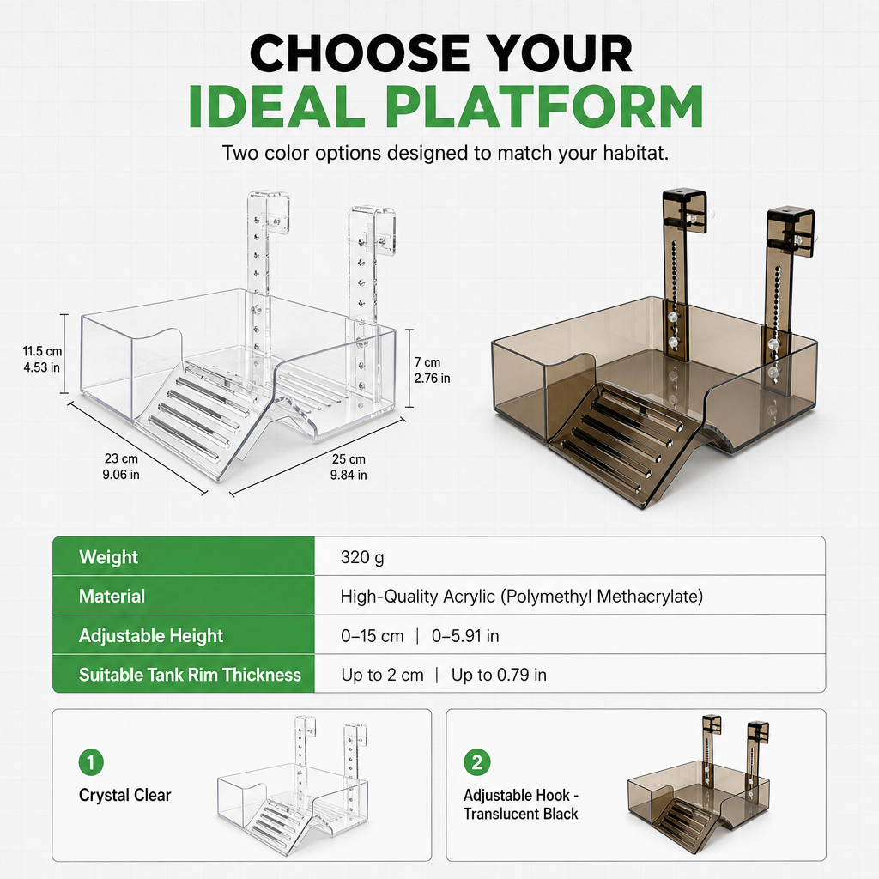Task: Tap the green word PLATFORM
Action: pyautogui.click(x=544, y=106)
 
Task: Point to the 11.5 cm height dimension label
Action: pyautogui.click(x=42, y=360)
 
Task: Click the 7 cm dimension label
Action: pyautogui.click(x=433, y=370)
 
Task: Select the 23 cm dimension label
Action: pyautogui.click(x=121, y=466)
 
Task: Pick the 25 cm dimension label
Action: pyautogui.click(x=349, y=467)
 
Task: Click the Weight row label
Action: pyautogui.click(x=108, y=556)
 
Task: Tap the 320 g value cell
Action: pyautogui.click(x=362, y=557)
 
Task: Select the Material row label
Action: pyautogui.click(x=112, y=596)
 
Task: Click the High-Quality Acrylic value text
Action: pyautogui.click(x=521, y=597)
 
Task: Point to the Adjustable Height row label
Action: pyautogui.click(x=151, y=636)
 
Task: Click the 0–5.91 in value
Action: pyautogui.click(x=465, y=636)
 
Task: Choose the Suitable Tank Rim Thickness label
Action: pyautogui.click(x=190, y=675)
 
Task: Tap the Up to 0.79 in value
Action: pyautogui.click(x=499, y=675)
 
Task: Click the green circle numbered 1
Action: pyautogui.click(x=91, y=762)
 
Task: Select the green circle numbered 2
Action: pyautogui.click(x=477, y=762)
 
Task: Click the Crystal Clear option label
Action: pyautogui.click(x=125, y=795)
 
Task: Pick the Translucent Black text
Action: pyautogui.click(x=520, y=814)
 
